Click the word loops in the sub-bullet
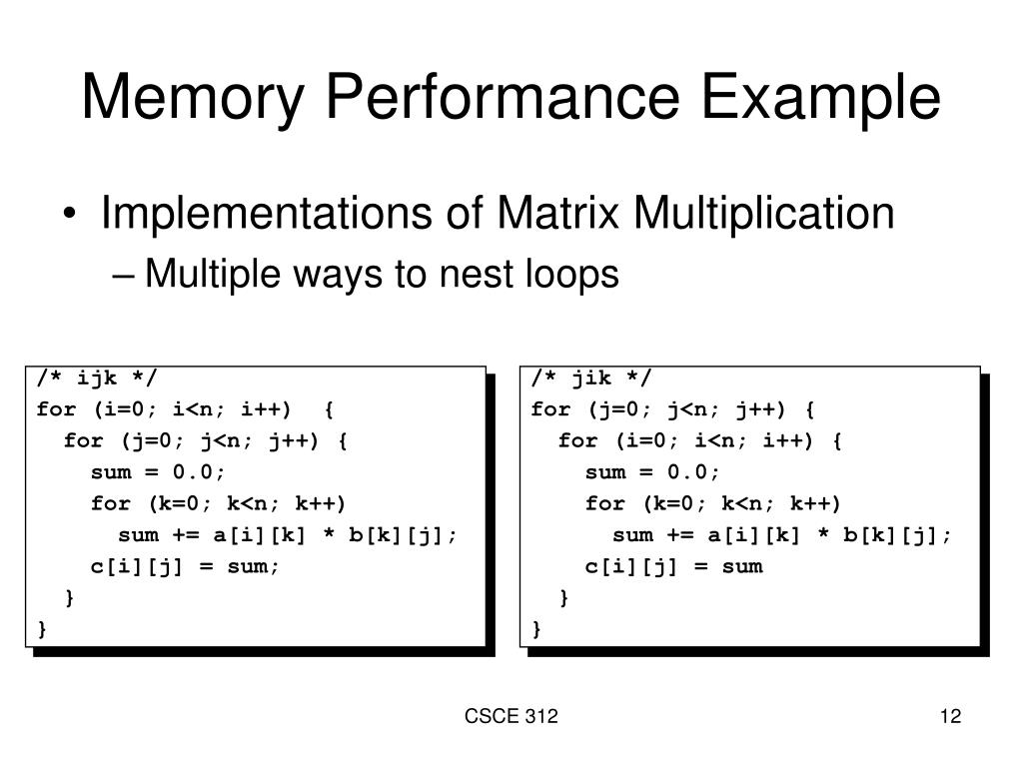pos(569,273)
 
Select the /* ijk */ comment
pos(97,378)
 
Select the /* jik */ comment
pos(591,378)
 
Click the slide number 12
pos(950,716)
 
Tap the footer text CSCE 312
pos(511,716)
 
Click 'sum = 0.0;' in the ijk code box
pos(159,471)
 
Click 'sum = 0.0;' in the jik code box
pos(653,471)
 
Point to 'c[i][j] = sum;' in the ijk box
pos(186,566)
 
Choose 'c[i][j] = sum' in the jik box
pos(674,566)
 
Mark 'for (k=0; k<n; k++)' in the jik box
pos(713,503)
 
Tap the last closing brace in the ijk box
pos(42,629)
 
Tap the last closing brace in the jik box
pos(536,629)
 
